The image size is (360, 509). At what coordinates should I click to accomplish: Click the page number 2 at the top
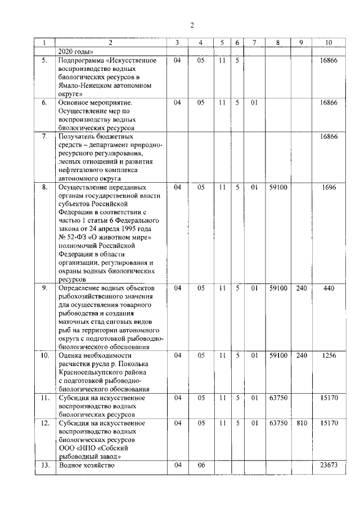click(x=192, y=25)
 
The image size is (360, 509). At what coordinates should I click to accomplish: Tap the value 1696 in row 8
click(x=329, y=187)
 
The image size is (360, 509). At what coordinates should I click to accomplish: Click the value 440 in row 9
click(x=329, y=289)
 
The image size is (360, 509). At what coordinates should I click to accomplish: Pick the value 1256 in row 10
click(x=329, y=355)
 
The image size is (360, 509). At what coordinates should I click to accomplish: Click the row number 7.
click(x=44, y=137)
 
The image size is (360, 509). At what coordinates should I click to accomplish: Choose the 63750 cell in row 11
click(x=278, y=398)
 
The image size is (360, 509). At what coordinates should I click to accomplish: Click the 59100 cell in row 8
click(x=278, y=187)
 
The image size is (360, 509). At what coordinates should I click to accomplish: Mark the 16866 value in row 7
click(x=328, y=137)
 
